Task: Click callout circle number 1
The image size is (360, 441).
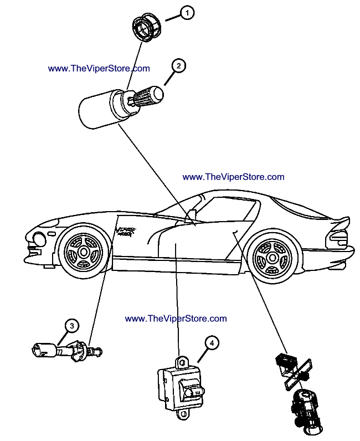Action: [x=188, y=13]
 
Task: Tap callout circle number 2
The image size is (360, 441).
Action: [x=178, y=65]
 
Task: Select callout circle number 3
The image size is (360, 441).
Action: [x=71, y=325]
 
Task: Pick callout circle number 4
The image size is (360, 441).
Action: [x=211, y=343]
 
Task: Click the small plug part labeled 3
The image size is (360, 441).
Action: [x=66, y=350]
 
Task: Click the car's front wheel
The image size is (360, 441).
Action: [x=83, y=252]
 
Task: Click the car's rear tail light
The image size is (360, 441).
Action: [x=337, y=238]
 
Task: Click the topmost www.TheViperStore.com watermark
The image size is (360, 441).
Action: [x=99, y=69]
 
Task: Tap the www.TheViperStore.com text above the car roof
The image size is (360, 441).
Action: [x=233, y=177]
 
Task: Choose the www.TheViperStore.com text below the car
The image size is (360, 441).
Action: [x=176, y=319]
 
